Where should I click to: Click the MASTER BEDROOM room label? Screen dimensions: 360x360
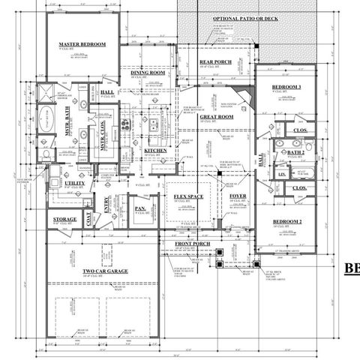click(82, 45)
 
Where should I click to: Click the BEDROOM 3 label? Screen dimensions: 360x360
click(286, 88)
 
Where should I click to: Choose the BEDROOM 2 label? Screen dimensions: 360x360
click(286, 223)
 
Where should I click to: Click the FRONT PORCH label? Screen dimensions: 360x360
click(191, 245)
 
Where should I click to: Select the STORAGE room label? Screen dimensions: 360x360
click(65, 220)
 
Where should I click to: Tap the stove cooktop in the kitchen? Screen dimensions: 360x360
click(127, 122)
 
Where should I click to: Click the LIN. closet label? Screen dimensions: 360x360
click(282, 174)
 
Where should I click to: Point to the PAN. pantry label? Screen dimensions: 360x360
click(139, 208)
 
